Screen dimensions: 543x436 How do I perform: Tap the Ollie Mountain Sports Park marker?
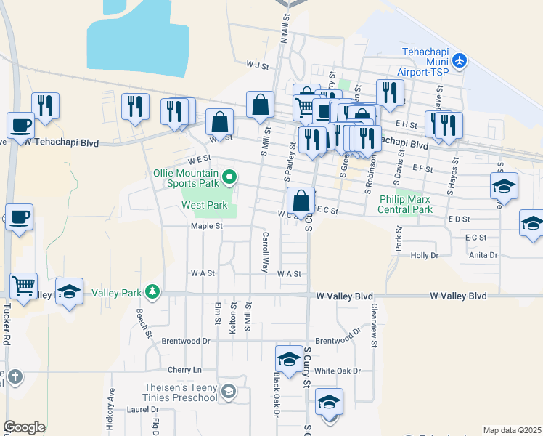(x=229, y=177)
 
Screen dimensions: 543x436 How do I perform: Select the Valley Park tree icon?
(x=152, y=292)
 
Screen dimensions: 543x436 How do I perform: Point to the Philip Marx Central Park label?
(x=405, y=204)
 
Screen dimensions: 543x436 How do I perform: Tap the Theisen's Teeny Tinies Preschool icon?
(x=229, y=392)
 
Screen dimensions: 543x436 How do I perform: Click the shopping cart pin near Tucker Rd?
(x=24, y=284)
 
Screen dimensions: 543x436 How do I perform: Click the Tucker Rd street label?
(x=7, y=327)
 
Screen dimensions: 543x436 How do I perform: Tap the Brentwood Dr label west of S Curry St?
(x=185, y=340)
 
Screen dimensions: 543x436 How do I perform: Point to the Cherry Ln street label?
(x=183, y=370)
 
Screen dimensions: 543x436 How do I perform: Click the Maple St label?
(x=206, y=226)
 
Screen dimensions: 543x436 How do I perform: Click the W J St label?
(x=257, y=65)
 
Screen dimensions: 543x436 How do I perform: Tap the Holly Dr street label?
(x=425, y=255)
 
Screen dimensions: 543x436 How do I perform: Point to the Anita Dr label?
(x=483, y=255)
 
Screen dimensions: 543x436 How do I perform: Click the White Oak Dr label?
(x=338, y=371)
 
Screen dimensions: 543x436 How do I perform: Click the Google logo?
(x=23, y=427)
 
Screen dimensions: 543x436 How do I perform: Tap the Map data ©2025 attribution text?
(x=511, y=430)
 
